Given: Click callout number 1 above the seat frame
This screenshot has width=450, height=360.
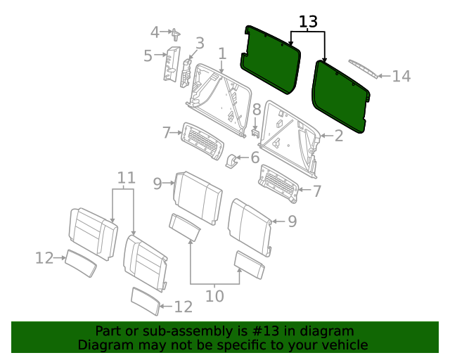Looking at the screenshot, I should click(222, 53).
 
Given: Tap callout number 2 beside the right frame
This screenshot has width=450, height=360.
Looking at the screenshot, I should click(338, 136).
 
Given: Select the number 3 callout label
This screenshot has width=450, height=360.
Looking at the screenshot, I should click(200, 43).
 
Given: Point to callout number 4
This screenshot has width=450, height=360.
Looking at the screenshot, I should click(155, 32).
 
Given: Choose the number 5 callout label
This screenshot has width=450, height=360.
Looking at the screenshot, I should click(148, 56).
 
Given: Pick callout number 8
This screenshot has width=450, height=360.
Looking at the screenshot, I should click(257, 109).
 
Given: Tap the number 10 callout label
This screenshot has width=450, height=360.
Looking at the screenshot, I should click(214, 296).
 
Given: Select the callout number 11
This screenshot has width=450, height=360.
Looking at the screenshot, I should click(125, 178).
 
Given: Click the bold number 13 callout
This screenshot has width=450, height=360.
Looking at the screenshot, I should click(308, 22).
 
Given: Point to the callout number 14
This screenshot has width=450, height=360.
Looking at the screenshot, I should click(401, 76).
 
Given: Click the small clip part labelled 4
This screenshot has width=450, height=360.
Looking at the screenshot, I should click(175, 32).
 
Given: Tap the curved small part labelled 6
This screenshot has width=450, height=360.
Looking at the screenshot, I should click(231, 162).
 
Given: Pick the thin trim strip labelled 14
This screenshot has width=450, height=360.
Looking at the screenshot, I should click(362, 70).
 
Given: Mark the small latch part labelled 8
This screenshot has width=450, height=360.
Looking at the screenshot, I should click(256, 131).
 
